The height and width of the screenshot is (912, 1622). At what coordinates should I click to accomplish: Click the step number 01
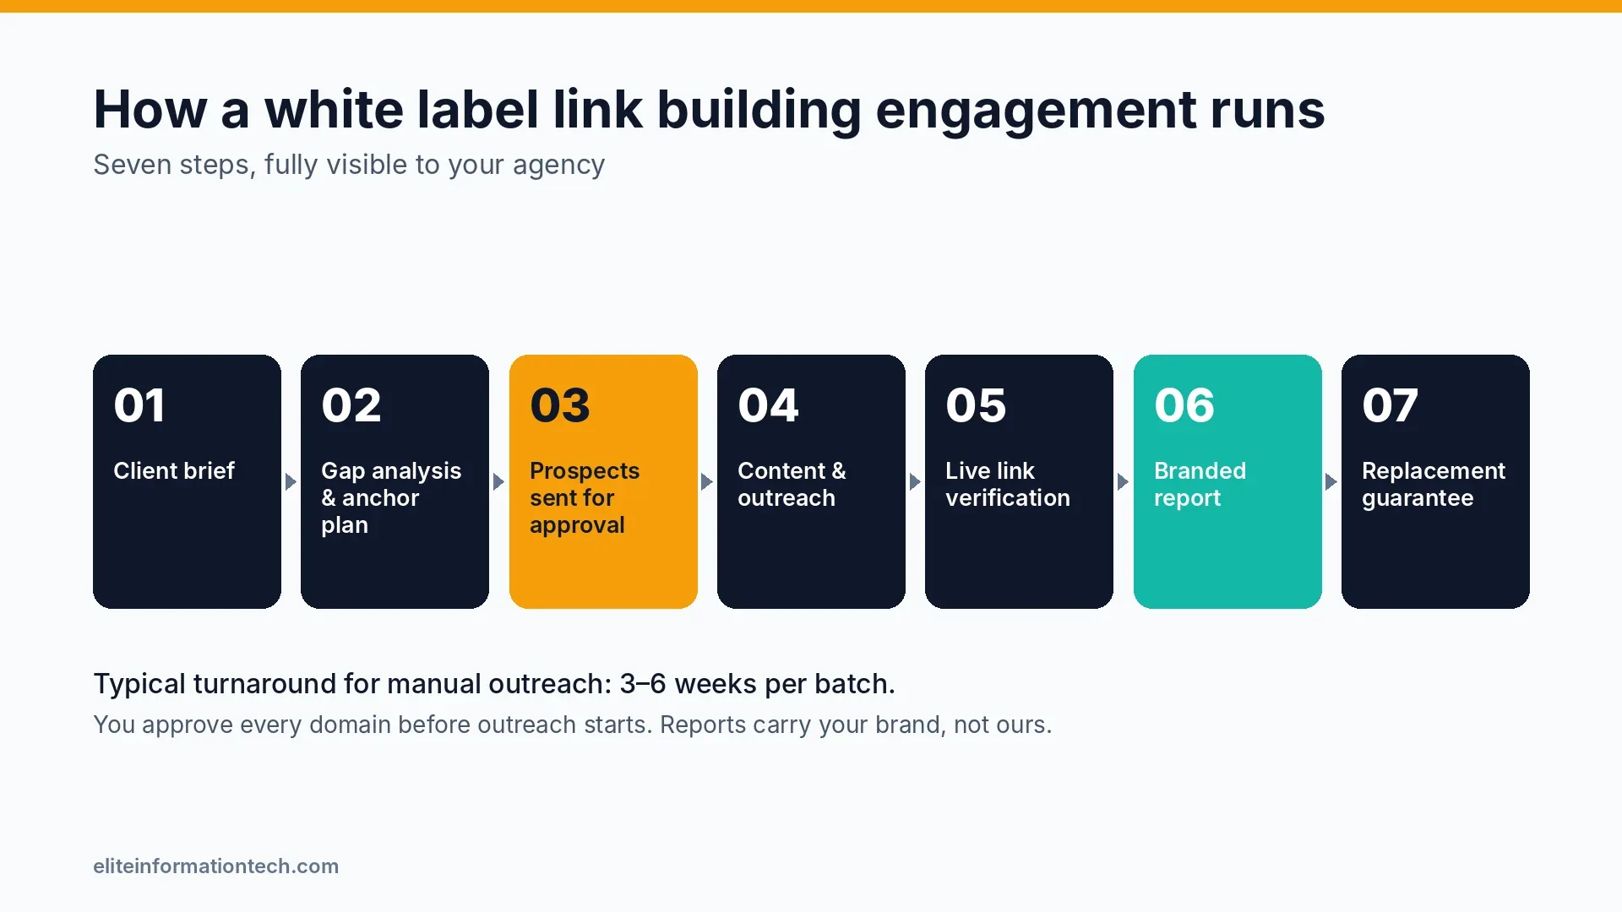(139, 405)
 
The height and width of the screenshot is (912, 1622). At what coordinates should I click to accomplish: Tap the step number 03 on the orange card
(560, 405)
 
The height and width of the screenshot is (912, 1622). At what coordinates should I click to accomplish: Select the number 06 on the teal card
(1184, 405)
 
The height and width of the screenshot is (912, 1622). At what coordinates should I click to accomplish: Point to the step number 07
(1390, 405)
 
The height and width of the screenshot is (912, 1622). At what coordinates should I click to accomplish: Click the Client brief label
(174, 470)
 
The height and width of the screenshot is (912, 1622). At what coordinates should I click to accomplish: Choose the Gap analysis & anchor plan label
(391, 497)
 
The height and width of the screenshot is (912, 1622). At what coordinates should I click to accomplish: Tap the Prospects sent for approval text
(585, 497)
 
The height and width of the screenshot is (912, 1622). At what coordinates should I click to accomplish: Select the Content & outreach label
(792, 484)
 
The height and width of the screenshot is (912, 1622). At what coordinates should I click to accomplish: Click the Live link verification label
(1008, 484)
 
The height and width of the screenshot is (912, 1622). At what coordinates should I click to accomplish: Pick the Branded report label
(1200, 484)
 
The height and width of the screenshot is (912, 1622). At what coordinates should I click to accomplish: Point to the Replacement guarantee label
(1434, 484)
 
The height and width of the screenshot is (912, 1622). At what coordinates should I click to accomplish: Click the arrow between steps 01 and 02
(291, 482)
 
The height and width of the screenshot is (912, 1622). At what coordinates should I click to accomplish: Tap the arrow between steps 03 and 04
(707, 482)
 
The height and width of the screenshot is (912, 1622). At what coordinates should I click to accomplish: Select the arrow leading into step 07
(1331, 482)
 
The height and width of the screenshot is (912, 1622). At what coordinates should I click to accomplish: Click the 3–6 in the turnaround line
(643, 683)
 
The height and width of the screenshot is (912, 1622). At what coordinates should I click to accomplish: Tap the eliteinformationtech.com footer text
(216, 866)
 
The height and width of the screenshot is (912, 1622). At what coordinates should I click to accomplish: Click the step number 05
(976, 405)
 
